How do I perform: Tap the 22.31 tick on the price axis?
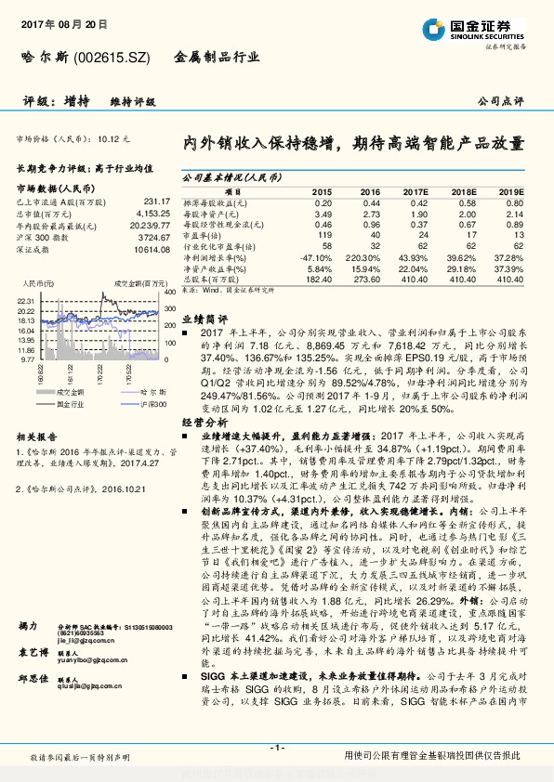[26, 301]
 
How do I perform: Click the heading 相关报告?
[37, 436]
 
